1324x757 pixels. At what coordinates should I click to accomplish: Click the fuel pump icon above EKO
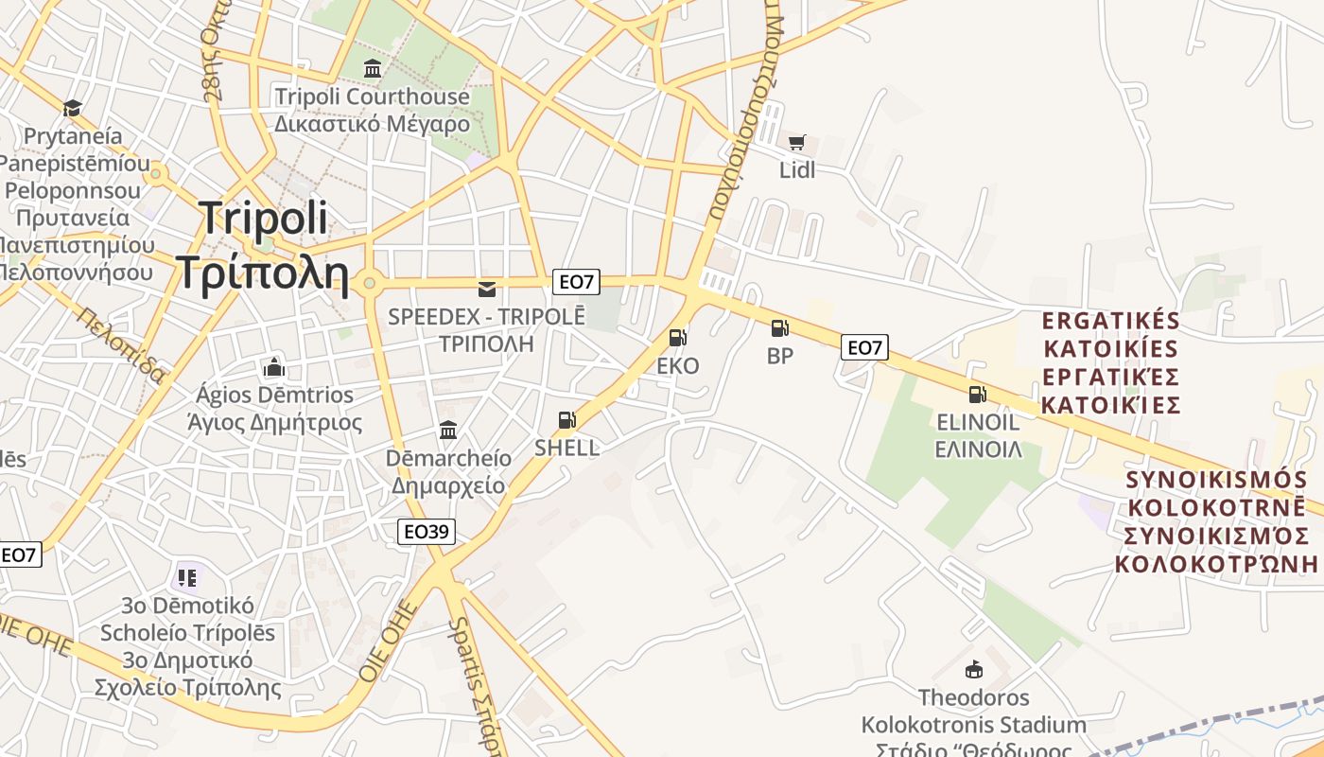click(677, 337)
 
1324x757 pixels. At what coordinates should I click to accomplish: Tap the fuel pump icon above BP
click(779, 328)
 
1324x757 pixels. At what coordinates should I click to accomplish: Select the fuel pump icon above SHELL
click(566, 420)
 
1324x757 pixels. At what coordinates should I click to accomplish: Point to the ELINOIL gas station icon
click(977, 395)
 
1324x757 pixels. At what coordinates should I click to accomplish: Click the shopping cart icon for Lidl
click(796, 143)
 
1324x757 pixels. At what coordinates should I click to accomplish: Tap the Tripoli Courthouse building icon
click(373, 69)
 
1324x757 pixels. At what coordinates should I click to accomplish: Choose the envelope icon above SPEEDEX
click(487, 289)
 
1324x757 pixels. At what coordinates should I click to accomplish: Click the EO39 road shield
click(426, 532)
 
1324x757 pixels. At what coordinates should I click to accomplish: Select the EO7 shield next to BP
click(863, 347)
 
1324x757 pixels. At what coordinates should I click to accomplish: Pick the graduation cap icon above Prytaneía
click(73, 108)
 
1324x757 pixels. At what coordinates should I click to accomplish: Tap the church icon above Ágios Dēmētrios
click(274, 366)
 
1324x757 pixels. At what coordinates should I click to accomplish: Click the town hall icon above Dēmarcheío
click(448, 431)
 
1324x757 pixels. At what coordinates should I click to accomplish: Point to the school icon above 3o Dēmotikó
click(186, 576)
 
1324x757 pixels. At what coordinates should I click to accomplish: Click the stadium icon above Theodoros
click(973, 670)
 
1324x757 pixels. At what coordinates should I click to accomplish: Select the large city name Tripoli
click(264, 219)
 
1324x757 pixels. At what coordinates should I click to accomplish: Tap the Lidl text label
click(796, 170)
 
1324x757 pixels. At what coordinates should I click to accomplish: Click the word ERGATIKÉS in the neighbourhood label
click(1111, 320)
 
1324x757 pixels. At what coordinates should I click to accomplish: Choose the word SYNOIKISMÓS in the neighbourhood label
click(1217, 480)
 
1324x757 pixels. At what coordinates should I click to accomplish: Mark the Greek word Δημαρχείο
click(448, 486)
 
